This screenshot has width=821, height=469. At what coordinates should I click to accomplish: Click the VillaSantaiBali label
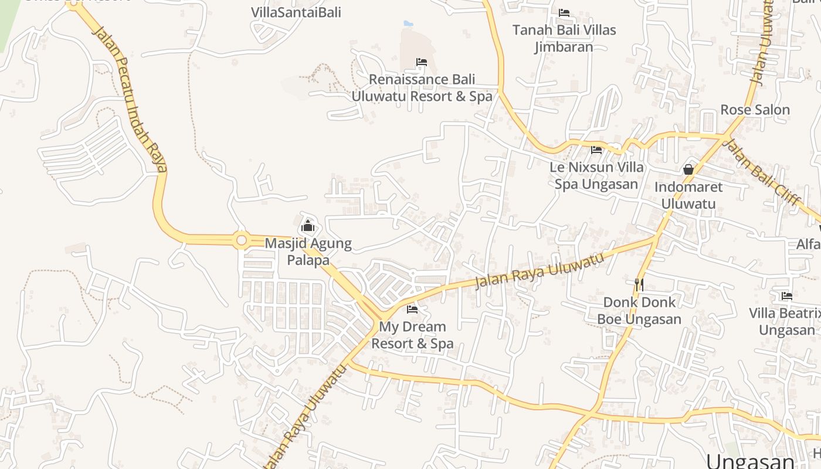point(296,12)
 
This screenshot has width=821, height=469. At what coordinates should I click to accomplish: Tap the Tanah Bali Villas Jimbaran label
point(564,38)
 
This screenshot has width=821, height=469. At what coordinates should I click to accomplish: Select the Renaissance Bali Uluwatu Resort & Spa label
point(422,88)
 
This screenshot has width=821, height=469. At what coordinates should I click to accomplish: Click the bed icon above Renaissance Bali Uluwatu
point(422,62)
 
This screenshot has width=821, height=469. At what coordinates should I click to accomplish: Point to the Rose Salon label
point(755,110)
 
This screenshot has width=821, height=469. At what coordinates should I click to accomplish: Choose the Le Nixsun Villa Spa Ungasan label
point(596,175)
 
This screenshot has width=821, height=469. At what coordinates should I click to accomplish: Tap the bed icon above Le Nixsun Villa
point(596,150)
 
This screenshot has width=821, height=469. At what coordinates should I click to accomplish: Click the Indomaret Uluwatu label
point(688,195)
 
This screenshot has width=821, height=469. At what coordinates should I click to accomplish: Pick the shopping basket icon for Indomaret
point(688,169)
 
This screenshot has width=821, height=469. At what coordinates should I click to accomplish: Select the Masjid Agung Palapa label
point(308,252)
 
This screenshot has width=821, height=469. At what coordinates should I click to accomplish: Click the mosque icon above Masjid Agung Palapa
point(308,226)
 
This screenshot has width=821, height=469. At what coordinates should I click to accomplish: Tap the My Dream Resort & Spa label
point(412,335)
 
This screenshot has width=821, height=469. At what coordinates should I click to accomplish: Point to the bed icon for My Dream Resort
point(412,309)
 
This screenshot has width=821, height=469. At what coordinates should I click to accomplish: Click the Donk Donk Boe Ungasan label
point(639,311)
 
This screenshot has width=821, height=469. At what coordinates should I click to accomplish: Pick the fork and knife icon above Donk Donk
point(639,285)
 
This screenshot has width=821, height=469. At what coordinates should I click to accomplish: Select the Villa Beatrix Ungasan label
point(786,321)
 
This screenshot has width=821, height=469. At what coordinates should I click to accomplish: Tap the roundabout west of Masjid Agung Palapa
point(241,240)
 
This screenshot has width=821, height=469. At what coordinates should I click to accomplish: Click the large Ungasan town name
point(750,460)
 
